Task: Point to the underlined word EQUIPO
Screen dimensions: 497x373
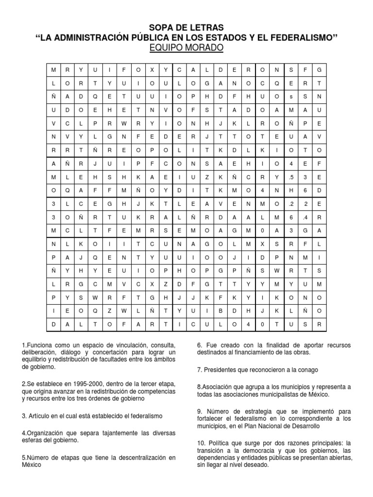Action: coord(168,48)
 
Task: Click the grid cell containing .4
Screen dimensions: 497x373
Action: coord(305,216)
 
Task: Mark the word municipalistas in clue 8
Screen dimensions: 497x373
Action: coord(290,394)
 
